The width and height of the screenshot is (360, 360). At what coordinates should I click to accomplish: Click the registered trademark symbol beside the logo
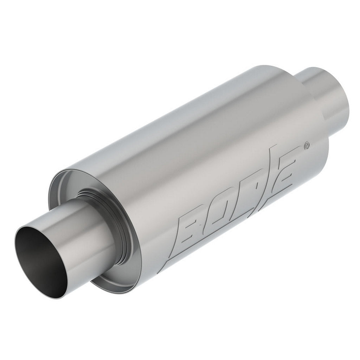coord(307,145)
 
